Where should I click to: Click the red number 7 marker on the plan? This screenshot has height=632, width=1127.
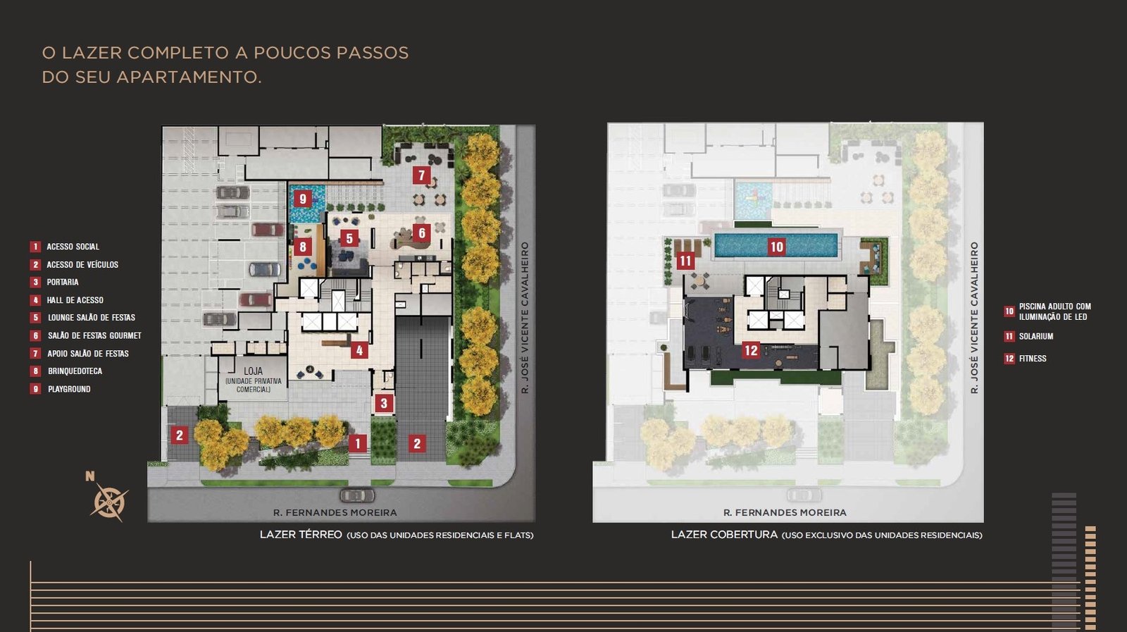point(421,175)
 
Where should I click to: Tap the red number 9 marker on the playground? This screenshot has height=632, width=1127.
point(302,199)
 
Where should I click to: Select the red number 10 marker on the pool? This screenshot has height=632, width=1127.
point(776,247)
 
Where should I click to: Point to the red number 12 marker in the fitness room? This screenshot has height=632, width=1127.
point(751,350)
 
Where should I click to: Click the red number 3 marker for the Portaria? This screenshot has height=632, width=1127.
point(384,403)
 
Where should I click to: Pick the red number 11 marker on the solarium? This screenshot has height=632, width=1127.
point(685,261)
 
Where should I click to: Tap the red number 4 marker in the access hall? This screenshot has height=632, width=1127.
point(359,350)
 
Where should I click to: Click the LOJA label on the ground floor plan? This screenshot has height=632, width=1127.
point(253,371)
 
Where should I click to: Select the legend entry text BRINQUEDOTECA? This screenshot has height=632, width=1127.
point(75,371)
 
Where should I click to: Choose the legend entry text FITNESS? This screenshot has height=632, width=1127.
point(1033,358)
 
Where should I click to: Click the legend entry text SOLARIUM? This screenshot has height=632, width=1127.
point(1036,336)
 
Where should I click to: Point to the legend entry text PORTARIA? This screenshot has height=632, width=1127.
point(63,283)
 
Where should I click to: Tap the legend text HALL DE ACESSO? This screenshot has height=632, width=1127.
point(75,300)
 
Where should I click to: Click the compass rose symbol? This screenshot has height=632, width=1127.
point(109,501)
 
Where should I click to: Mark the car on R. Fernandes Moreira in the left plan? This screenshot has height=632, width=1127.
point(357,495)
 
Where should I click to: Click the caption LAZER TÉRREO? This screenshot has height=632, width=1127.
point(300,534)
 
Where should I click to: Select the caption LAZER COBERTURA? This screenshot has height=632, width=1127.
point(724,534)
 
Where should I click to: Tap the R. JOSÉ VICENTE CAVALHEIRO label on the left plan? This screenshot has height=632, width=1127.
point(525,318)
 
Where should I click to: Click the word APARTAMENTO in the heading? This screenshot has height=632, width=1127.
point(189,77)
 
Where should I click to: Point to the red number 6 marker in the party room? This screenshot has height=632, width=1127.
point(422,233)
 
